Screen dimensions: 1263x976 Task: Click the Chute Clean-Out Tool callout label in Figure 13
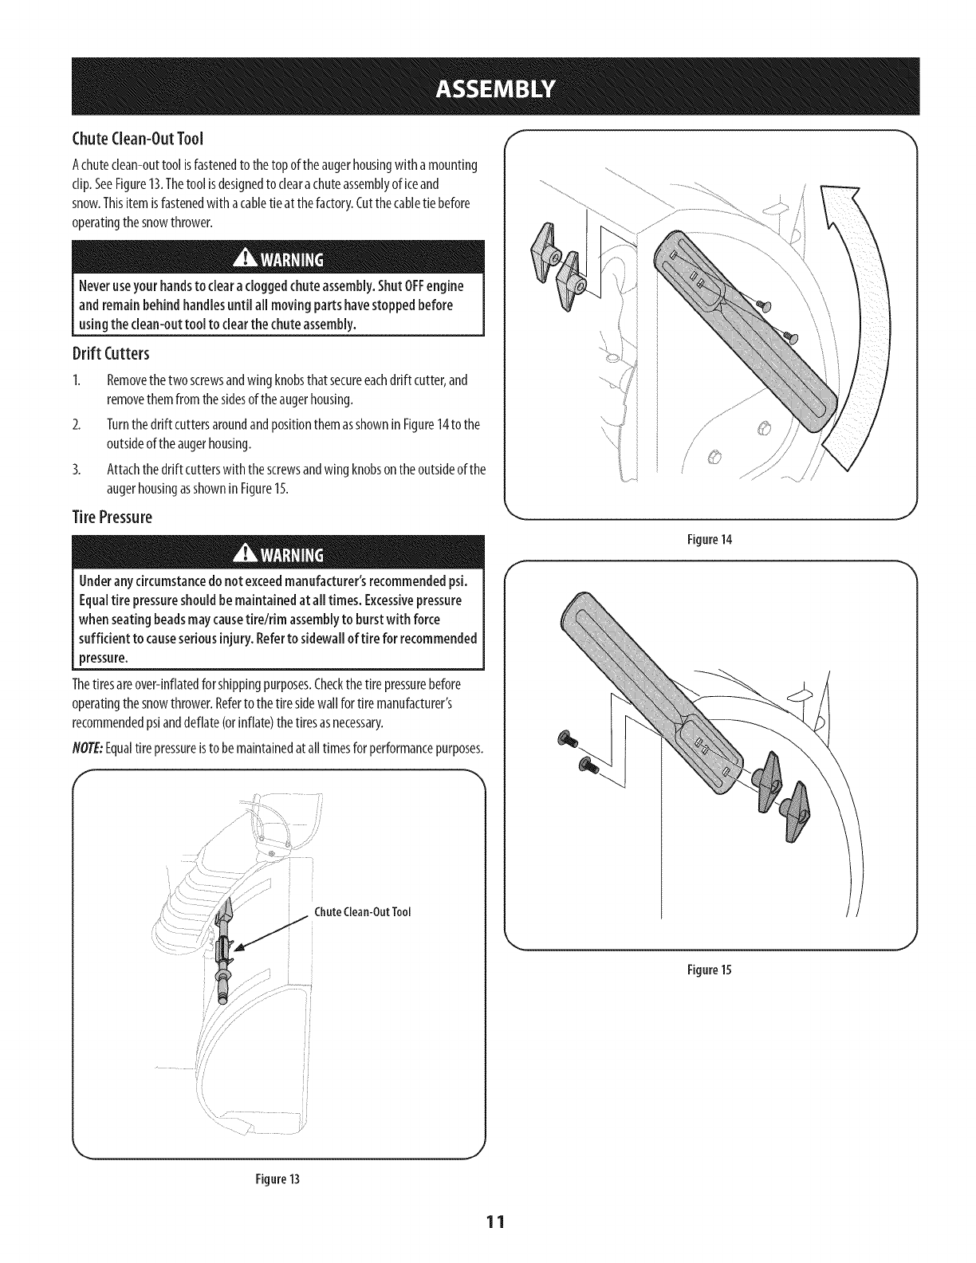click(x=363, y=912)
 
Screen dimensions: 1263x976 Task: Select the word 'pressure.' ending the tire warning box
click(x=104, y=658)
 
